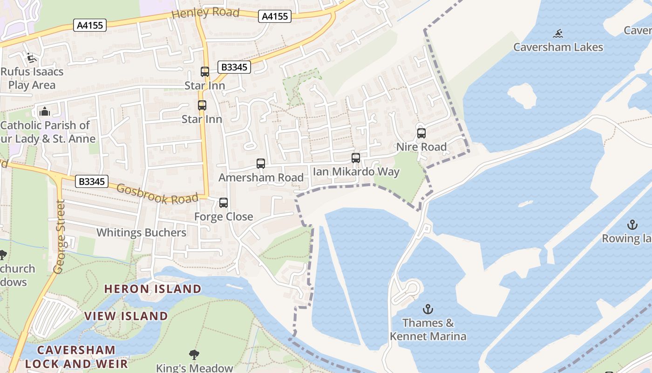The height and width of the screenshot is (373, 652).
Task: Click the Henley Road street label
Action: pyautogui.click(x=205, y=13)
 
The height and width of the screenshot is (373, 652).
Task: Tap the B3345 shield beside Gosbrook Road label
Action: pyautogui.click(x=92, y=181)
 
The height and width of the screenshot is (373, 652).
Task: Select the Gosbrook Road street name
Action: pyautogui.click(x=157, y=193)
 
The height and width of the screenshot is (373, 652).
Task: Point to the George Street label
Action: pyautogui.click(x=59, y=237)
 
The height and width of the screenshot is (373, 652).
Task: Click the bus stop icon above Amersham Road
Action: pyautogui.click(x=261, y=164)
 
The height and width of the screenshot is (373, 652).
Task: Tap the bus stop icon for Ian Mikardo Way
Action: pyautogui.click(x=356, y=158)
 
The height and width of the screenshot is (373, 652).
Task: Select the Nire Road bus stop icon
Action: pyautogui.click(x=421, y=133)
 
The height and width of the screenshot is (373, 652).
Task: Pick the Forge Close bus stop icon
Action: pyautogui.click(x=224, y=203)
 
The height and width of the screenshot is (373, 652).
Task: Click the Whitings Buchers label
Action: pyautogui.click(x=141, y=233)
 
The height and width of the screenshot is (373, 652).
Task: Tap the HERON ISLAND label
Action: pyautogui.click(x=153, y=289)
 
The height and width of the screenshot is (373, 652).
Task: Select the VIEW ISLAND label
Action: pyautogui.click(x=126, y=316)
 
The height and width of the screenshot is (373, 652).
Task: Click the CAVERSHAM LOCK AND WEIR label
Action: pyautogui.click(x=76, y=357)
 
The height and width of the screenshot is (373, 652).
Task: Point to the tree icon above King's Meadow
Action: pyautogui.click(x=194, y=355)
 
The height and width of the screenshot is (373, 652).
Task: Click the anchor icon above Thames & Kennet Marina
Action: pyautogui.click(x=428, y=309)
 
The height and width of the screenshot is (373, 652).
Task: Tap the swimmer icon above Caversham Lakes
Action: pyautogui.click(x=558, y=34)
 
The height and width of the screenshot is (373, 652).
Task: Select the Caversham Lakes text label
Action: pyautogui.click(x=558, y=47)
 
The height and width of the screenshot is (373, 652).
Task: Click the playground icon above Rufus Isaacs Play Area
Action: pyautogui.click(x=31, y=58)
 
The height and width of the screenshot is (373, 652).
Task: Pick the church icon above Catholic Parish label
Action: pyautogui.click(x=45, y=111)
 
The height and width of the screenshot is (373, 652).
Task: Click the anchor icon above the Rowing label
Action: pyautogui.click(x=632, y=225)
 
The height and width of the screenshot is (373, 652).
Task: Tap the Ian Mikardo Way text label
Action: pyautogui.click(x=356, y=172)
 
